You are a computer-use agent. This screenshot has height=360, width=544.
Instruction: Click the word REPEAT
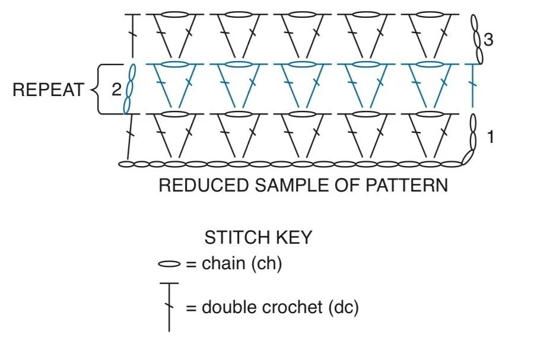tap(48, 90)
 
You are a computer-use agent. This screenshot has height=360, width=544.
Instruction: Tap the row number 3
tap(488, 40)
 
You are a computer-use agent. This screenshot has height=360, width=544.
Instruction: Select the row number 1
tap(490, 136)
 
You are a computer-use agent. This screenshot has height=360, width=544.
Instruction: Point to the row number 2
tap(116, 90)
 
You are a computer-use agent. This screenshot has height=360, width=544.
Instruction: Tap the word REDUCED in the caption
tap(204, 185)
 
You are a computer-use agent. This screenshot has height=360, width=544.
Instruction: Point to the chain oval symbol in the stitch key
tap(169, 265)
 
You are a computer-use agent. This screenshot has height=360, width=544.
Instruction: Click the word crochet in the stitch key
tap(292, 307)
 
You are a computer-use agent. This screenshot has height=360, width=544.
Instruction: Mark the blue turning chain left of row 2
tap(129, 89)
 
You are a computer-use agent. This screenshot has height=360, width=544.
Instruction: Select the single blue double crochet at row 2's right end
tap(473, 85)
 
